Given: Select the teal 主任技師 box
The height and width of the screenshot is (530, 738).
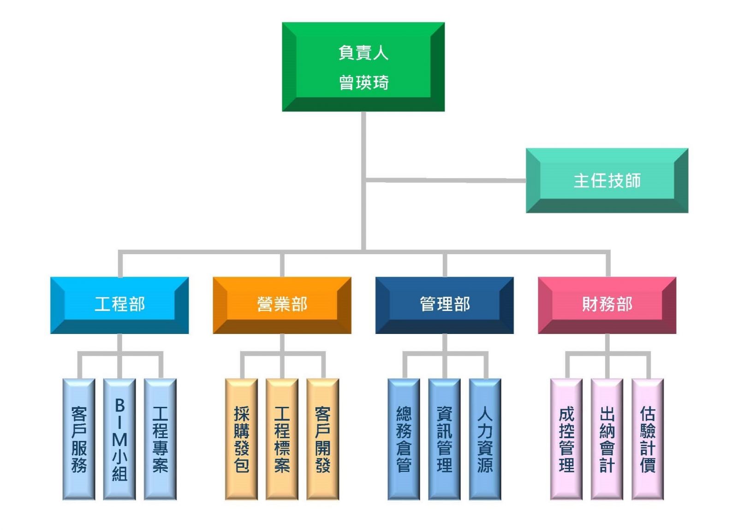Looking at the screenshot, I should coord(607,180).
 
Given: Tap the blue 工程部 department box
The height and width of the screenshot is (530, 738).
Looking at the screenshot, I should coord(119,304).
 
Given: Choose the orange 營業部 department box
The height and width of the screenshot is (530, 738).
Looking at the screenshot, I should coord(282,304).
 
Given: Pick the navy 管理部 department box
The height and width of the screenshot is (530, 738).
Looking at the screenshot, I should coord(444,304).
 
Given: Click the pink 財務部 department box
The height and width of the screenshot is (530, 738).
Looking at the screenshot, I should coord(607,304).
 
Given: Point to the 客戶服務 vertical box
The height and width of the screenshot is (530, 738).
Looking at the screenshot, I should coord(79,439).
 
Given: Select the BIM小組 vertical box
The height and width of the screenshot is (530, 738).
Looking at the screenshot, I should coord(119,439).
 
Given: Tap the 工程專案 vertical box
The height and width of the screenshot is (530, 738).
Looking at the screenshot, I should coord(160,439).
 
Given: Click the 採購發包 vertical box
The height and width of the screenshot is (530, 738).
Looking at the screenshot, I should coord(241,439).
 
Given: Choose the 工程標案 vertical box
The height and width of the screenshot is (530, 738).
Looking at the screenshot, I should coord(282,439).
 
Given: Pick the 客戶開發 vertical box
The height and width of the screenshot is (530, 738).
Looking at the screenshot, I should coord(322,439).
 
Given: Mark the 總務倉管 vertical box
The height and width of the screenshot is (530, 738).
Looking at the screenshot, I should coord(404,439).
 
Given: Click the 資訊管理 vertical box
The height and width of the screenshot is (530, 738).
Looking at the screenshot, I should coord(444,439).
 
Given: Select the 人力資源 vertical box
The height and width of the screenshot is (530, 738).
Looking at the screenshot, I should coord(485,439).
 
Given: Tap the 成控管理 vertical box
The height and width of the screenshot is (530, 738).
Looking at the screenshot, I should coord(566,439).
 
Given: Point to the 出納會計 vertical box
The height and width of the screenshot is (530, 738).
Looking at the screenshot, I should coord(607,439).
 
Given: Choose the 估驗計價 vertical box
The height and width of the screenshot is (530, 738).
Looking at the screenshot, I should coord(647,439).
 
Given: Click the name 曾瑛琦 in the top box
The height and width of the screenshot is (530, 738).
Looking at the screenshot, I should coord(363,83).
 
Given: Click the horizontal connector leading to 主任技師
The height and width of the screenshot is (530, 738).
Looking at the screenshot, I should coord(445,179).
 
